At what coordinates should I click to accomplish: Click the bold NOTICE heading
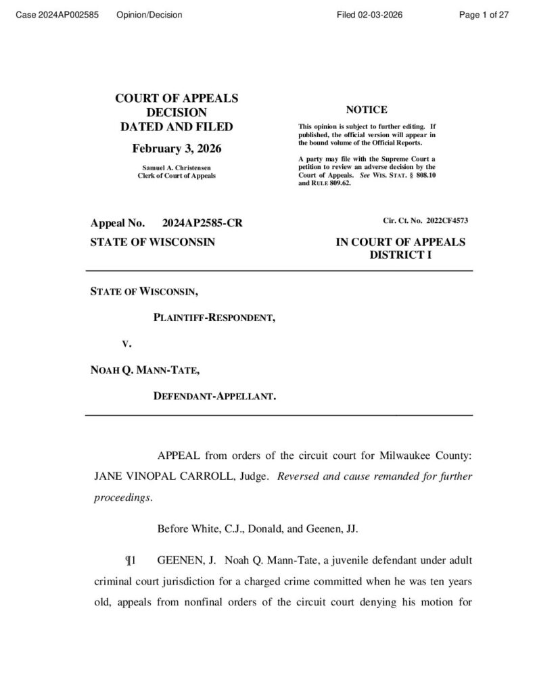(367, 110)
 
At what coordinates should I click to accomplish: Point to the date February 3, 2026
(177, 149)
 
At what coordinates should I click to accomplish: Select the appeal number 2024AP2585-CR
(202, 224)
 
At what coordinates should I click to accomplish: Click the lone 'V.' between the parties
(126, 343)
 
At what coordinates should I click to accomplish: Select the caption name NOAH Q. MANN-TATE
(144, 370)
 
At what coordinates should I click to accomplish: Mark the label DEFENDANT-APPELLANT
(214, 397)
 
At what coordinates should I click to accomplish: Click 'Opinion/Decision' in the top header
(149, 15)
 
